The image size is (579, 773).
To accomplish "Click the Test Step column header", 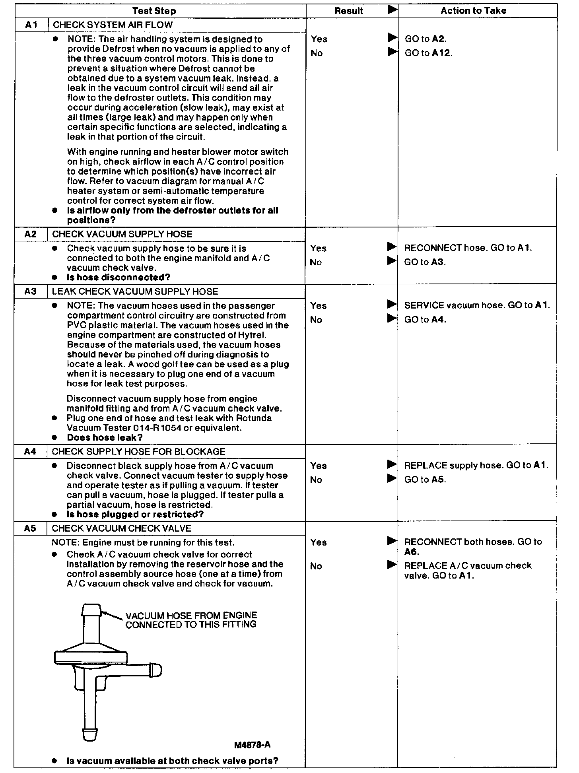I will coord(154,11).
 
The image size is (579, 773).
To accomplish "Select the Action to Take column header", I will coord(473,11).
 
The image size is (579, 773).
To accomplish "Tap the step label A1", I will coord(31,25).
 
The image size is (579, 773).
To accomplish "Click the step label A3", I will coord(30,291).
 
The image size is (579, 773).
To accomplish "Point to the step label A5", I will coord(30,528).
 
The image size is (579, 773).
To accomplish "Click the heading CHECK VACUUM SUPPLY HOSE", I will coord(122,234).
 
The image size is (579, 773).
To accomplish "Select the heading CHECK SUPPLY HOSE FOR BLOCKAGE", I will coord(138,451).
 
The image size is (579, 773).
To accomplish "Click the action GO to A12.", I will coord(428,53).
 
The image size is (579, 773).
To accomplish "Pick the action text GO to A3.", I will coord(425,262).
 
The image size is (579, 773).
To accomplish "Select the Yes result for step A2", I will coord(318,249).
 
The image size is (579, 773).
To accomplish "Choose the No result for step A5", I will coord(316,566).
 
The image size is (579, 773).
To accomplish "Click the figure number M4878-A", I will coord(252,745).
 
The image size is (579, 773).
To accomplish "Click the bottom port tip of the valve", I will coord(90,734).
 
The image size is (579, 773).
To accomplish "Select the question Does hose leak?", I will coord(105,437).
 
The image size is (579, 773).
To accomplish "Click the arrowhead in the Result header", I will coord(392,10).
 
